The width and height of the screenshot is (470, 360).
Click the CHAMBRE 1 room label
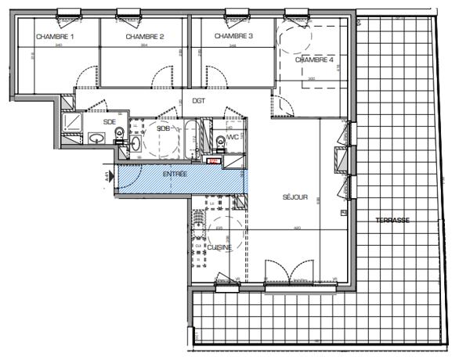pyautogui.click(x=55, y=37)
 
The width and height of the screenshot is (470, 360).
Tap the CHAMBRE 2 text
pyautogui.click(x=144, y=37)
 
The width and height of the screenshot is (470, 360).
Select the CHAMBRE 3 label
pyautogui.click(x=233, y=36)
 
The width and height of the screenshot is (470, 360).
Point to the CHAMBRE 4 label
pyautogui.click(x=314, y=60)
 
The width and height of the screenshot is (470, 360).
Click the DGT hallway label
pyautogui.click(x=199, y=101)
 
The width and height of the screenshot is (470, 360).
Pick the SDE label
pyautogui.click(x=110, y=122)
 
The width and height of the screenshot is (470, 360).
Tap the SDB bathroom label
pyautogui.click(x=164, y=128)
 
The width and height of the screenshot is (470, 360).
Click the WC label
pyautogui.click(x=233, y=138)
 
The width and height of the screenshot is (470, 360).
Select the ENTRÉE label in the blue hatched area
pyautogui.click(x=175, y=174)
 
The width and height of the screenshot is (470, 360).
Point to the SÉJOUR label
pyautogui.click(x=295, y=197)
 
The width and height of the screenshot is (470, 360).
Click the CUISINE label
pyautogui.click(x=219, y=247)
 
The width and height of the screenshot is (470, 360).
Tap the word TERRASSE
pyautogui.click(x=392, y=220)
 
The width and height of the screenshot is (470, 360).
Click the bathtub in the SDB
pyautogui.click(x=190, y=139)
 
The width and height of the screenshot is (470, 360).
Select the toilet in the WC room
pyautogui.click(x=219, y=140)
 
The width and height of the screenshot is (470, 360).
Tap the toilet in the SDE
pyautogui.click(x=119, y=134)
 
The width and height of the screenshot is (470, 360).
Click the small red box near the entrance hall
pyautogui.click(x=211, y=160)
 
